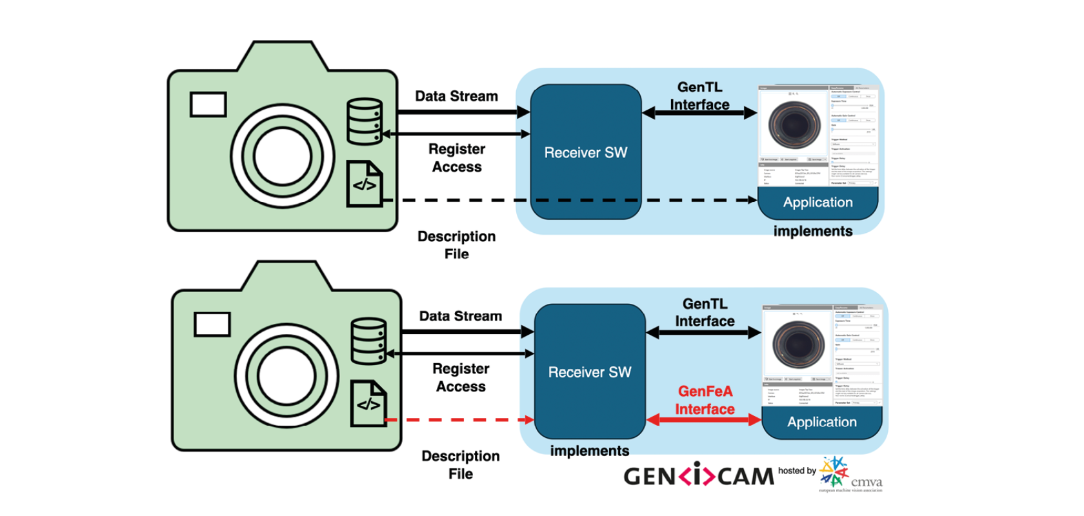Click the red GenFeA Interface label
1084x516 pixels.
705,400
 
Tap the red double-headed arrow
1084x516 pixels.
704,420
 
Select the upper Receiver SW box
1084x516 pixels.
585,152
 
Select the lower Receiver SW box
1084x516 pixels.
589,372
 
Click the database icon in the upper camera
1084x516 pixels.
365,121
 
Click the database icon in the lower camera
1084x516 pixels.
368,341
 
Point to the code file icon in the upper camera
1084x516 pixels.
365,184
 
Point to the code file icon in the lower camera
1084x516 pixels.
368,404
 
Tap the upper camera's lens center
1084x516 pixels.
283,157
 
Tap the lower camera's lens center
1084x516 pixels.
286,376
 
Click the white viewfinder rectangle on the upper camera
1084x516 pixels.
208,104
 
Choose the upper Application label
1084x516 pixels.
818,203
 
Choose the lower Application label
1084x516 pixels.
821,422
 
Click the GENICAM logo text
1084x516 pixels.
698,476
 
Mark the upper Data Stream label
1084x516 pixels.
456,96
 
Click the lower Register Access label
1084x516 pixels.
461,377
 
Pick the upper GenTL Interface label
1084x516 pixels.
699,95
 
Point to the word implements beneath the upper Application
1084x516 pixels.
812,231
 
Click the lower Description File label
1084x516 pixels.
460,464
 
